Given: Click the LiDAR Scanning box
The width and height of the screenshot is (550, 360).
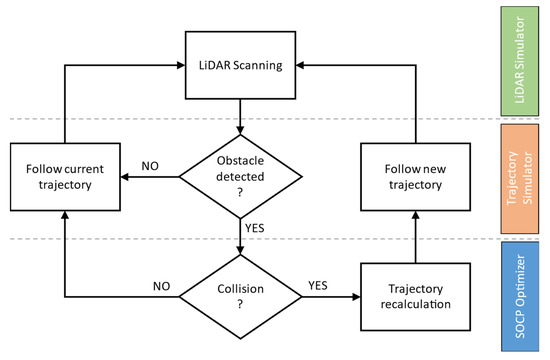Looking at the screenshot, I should point(240,65).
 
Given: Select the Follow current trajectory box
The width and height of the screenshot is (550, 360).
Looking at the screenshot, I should point(65,178).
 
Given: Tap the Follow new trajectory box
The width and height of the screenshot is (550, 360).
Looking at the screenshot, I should point(413,178).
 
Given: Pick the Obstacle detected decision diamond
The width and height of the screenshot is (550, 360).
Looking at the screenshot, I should point(240,178).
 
